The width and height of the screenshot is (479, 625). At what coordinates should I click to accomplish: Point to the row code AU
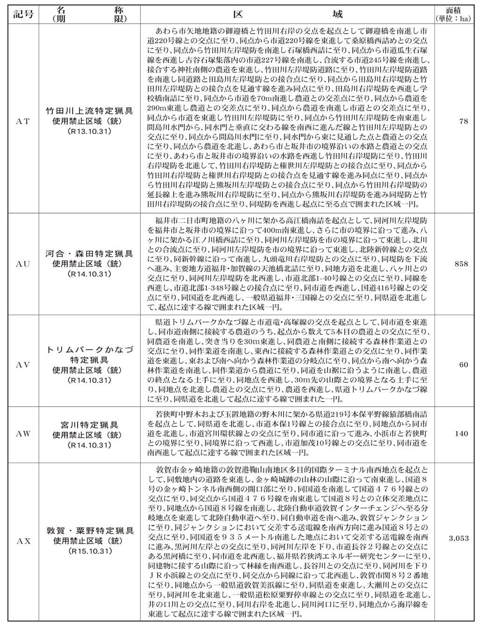coord(23,264)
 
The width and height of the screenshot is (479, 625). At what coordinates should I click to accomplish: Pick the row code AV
coord(23,364)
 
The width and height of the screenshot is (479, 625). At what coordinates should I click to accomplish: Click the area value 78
coord(464,121)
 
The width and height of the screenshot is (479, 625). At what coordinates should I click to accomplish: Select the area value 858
coord(461,264)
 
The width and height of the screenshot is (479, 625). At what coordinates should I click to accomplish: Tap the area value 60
coord(464,364)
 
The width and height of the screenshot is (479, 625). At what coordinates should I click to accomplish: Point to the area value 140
coord(461,434)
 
